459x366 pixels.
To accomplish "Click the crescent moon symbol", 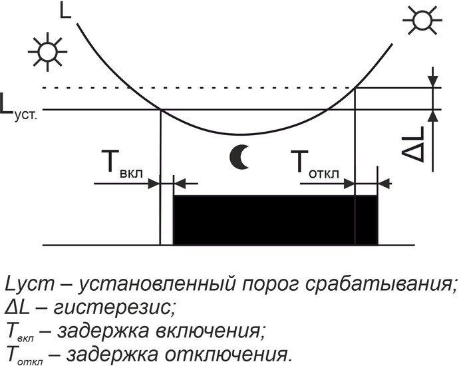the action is (x=239, y=157).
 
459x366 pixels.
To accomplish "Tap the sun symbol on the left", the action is (x=48, y=52).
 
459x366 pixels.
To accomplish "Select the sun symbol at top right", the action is (x=422, y=20).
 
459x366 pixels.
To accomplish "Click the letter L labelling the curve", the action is (x=65, y=11).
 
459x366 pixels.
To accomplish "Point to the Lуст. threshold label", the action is (x=19, y=108).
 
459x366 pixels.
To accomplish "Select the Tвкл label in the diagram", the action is (x=122, y=164).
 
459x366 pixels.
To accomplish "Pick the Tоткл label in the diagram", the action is (x=315, y=164).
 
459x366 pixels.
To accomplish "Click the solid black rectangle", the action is (x=275, y=220).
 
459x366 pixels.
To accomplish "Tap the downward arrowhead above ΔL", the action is (x=433, y=81).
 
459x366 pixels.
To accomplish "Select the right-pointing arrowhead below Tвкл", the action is (x=154, y=184).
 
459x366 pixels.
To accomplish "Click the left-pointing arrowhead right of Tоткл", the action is (x=384, y=184).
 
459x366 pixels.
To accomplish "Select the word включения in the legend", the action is (x=207, y=331).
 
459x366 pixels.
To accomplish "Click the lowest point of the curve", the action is (x=240, y=134).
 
